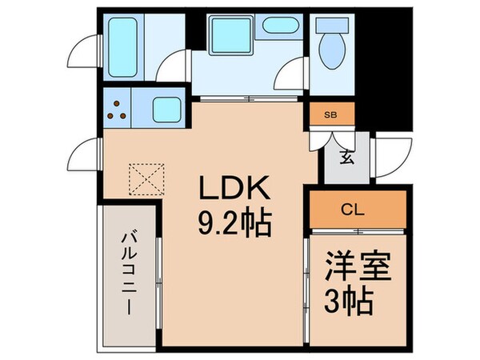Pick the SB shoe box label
coord(330,114)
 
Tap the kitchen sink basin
coord(166,110)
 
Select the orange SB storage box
coord(330,114)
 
